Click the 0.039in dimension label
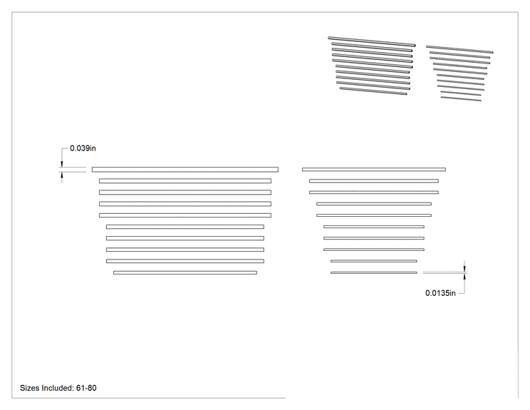(83, 148)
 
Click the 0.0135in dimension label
(440, 293)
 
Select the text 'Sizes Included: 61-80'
(58, 388)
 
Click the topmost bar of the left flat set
(185, 170)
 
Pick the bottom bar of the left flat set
(185, 272)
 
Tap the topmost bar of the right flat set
(374, 170)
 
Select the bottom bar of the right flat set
(374, 272)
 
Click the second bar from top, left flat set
(185, 181)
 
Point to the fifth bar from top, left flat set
(185, 215)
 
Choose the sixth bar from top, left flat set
(185, 227)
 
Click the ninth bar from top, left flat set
(185, 261)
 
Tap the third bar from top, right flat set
(374, 193)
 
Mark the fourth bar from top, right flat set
(374, 204)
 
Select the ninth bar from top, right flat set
(374, 261)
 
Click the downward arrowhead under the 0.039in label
(61, 165)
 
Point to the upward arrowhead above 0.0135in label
(464, 276)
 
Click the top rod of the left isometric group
(371, 41)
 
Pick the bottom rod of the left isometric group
(373, 91)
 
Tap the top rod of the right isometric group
(459, 49)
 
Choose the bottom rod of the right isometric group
(461, 99)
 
